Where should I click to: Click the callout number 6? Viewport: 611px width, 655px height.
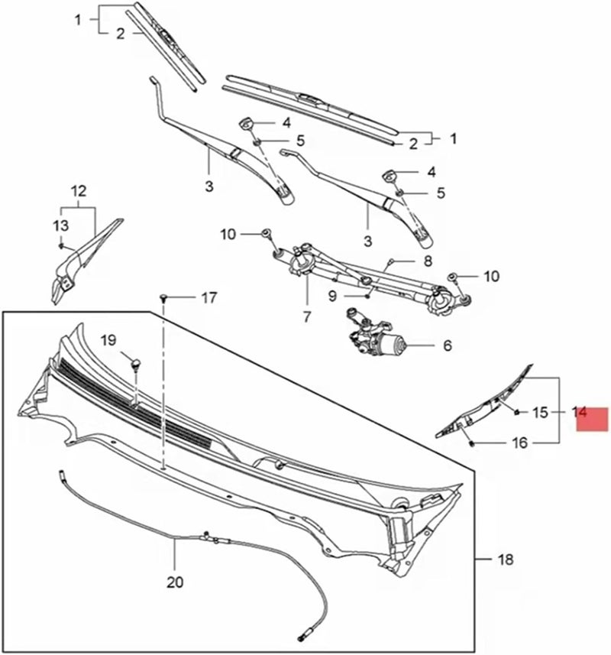pos(447,346)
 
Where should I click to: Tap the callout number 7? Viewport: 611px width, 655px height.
pos(306,315)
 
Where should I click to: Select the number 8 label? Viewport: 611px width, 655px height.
pos(428,261)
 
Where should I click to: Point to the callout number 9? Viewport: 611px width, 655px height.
pos(333,295)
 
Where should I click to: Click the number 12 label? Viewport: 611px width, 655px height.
pos(79,191)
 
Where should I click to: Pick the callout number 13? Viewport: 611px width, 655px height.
pos(60,225)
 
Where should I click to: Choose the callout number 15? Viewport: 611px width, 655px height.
pos(540,413)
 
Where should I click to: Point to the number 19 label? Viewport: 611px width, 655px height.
pos(108,339)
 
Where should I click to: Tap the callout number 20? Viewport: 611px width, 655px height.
pos(175,582)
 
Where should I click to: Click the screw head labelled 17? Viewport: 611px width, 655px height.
pos(163,297)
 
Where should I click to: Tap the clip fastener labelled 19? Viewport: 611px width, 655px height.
pos(136,365)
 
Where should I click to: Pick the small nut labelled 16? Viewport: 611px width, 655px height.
pos(471,443)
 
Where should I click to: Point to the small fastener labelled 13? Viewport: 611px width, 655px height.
pos(62,245)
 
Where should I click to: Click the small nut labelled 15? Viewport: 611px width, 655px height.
pos(517,413)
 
